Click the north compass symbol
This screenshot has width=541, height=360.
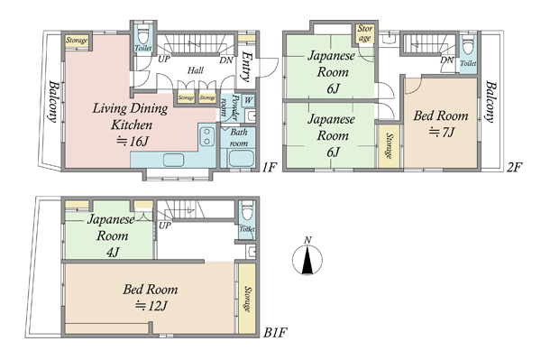coord(307,256)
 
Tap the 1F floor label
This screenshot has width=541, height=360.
coord(269,168)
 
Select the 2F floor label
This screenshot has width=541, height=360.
coord(514,168)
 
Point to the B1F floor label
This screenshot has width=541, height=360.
coord(275,333)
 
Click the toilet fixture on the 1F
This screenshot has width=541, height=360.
coord(142,35)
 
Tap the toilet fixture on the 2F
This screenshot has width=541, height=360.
coord(468,45)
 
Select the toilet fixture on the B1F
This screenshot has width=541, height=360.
coord(247,211)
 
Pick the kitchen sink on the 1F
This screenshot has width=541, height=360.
coord(173,161)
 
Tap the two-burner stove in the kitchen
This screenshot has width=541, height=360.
coord(206,136)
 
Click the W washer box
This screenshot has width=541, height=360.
coord(249,100)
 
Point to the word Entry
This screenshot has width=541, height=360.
coord(245,67)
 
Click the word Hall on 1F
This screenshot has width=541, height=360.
coord(196,70)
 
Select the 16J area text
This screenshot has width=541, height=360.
coord(133,141)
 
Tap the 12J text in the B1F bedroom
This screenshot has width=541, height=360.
coord(151,306)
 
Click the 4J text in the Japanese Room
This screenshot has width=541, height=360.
coord(113,253)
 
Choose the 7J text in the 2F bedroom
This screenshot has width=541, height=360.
coord(442,132)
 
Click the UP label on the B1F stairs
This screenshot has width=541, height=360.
coord(165,226)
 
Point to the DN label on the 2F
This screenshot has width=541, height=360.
coord(447,60)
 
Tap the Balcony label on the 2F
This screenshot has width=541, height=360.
coord(491,102)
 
